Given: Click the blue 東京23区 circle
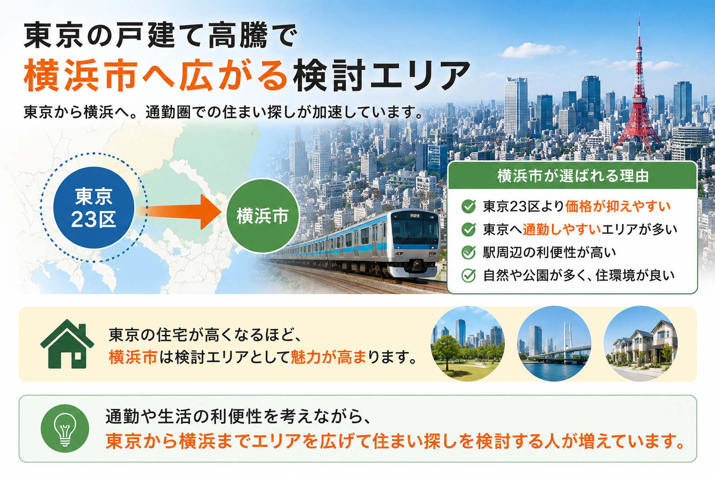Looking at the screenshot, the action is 94,208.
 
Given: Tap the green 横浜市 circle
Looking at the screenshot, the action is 263,216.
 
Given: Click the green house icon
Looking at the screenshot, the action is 67,344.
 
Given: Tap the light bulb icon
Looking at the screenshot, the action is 65,429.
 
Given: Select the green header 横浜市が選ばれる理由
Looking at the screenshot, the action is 573,176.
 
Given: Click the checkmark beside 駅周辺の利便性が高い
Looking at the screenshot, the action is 469,252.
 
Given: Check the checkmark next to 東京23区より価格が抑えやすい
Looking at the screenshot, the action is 469,206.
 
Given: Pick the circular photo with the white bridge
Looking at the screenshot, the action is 554,344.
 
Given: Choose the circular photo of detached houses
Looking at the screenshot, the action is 641,344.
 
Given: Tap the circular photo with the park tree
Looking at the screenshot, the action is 468,344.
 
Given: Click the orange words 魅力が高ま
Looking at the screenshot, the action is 329,357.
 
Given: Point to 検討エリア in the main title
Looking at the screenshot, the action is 381,76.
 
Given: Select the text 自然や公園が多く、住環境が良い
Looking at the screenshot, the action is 579,275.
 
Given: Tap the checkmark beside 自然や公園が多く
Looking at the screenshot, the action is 469,275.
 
